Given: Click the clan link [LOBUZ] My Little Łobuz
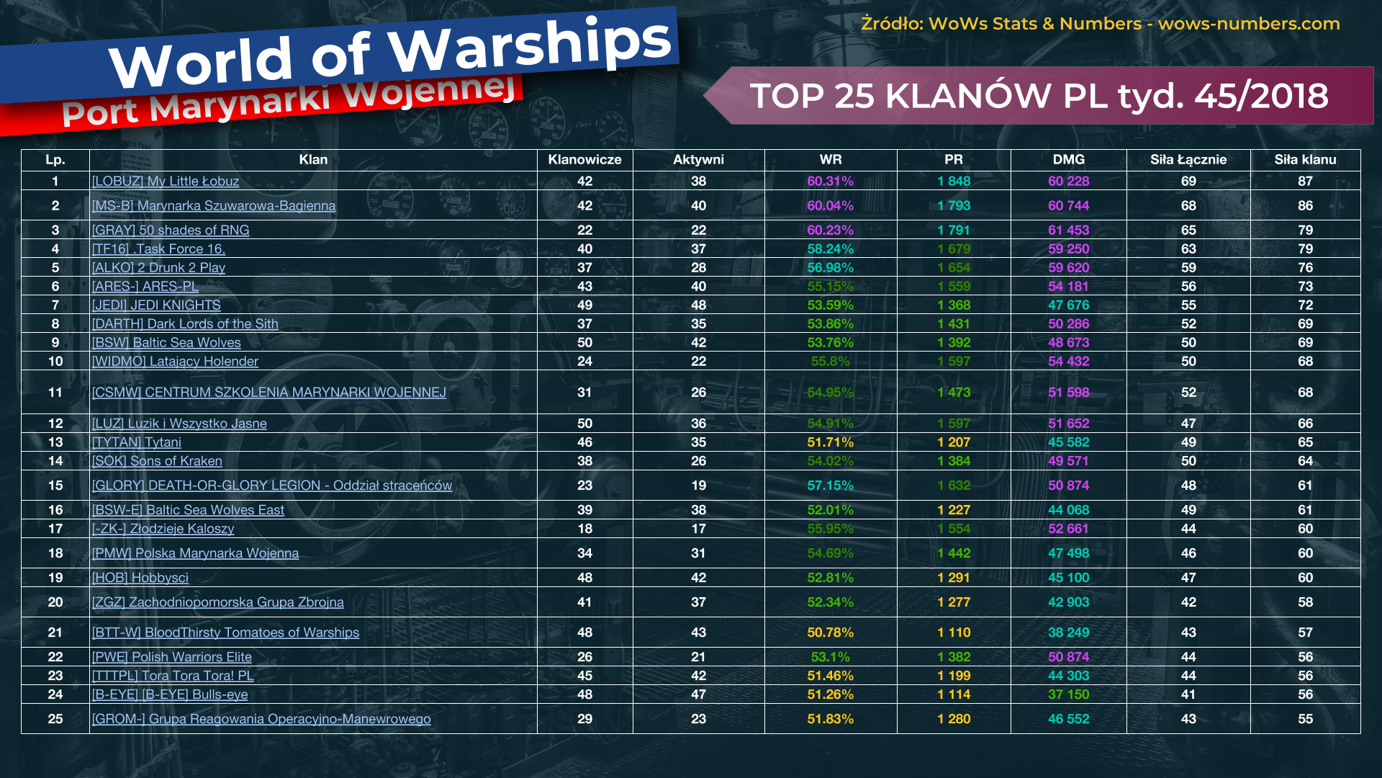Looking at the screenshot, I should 165,182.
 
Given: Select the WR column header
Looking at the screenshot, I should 830,160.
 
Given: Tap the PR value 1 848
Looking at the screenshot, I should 954,182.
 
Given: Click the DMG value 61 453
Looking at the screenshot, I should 1068,231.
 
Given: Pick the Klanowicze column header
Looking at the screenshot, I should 584,160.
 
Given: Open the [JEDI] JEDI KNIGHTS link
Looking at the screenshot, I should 156,305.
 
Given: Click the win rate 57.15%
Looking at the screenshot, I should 830,486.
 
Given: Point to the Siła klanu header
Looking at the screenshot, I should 1305,160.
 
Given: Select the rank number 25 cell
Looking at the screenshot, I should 55,719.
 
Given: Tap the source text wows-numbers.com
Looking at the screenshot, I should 1249,24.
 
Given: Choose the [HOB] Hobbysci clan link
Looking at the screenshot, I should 140,578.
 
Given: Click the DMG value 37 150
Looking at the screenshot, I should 1068,694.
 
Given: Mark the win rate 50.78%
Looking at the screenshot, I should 830,632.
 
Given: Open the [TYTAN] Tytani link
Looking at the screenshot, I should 136,442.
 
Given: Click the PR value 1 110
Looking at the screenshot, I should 954,632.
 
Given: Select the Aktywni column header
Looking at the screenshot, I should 698,160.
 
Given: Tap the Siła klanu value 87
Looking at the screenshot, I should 1305,182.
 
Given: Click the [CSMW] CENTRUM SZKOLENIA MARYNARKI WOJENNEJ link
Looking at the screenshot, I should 268,393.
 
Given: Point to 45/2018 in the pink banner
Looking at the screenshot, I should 1261,96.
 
